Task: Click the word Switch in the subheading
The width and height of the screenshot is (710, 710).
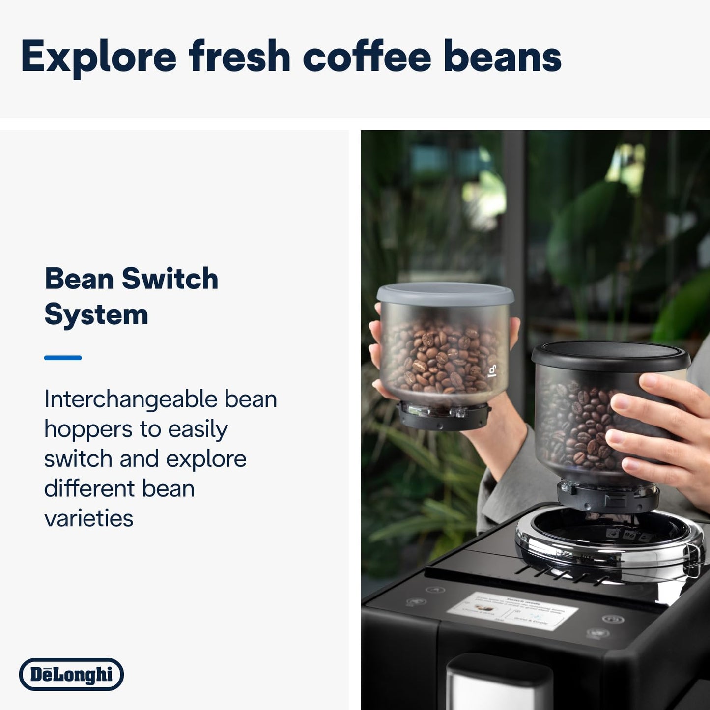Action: click(x=170, y=279)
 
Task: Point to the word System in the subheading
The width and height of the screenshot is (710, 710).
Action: click(x=96, y=315)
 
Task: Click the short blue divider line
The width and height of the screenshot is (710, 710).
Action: click(x=63, y=358)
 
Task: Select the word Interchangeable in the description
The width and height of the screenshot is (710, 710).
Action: click(x=130, y=399)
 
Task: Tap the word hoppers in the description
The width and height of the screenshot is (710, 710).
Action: click(x=88, y=429)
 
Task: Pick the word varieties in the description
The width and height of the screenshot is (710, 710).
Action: click(x=89, y=518)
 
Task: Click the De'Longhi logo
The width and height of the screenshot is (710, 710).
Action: click(x=72, y=674)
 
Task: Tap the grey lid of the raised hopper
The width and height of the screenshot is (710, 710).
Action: click(x=445, y=293)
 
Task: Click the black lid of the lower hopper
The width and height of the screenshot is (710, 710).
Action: click(x=610, y=355)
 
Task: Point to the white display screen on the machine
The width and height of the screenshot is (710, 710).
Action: click(x=512, y=611)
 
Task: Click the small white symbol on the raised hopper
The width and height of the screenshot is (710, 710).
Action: click(x=492, y=371)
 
